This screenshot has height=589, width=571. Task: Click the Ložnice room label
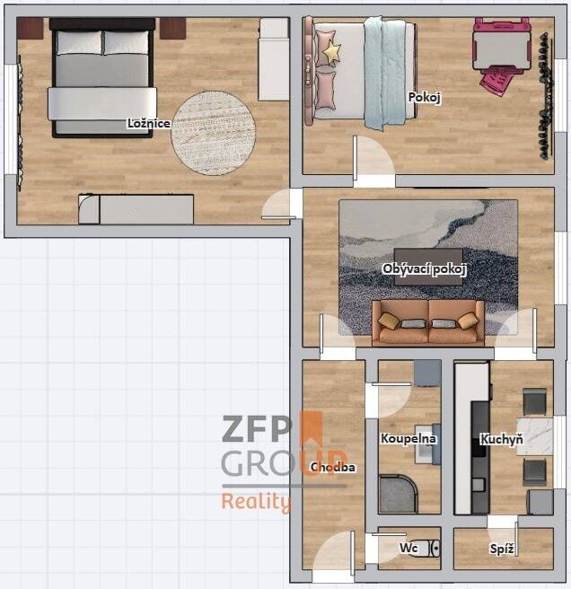149,123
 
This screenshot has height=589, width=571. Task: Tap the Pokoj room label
424,97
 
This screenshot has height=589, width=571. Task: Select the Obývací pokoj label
425,269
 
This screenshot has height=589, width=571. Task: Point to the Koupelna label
408,438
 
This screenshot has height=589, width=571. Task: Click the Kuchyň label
502,439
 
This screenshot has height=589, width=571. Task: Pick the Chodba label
332,467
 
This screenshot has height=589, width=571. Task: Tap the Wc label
408,548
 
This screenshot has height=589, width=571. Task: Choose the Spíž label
502,549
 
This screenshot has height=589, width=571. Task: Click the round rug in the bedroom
214,133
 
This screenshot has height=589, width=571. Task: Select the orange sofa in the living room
428,322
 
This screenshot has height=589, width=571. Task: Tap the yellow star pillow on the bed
331,53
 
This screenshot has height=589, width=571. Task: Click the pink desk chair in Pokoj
496,82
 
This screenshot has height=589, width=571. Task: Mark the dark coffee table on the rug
428,267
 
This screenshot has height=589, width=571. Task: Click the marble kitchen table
534,436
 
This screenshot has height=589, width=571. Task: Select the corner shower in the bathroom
398,494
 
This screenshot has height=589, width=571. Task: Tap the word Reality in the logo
256,502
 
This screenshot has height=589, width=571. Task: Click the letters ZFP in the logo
257,428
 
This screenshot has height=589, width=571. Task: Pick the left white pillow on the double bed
79,42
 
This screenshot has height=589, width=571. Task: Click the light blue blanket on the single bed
385,74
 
